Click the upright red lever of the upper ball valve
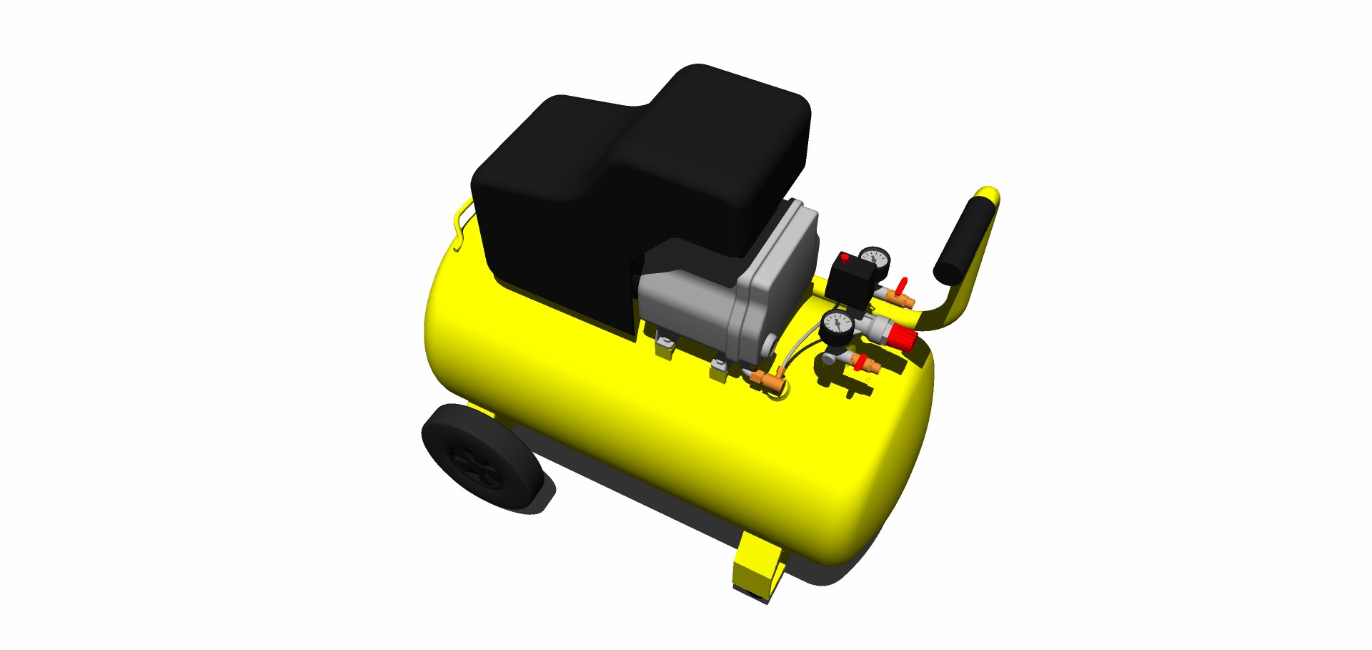pyautogui.click(x=902, y=286)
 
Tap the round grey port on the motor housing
pyautogui.click(x=769, y=345)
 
